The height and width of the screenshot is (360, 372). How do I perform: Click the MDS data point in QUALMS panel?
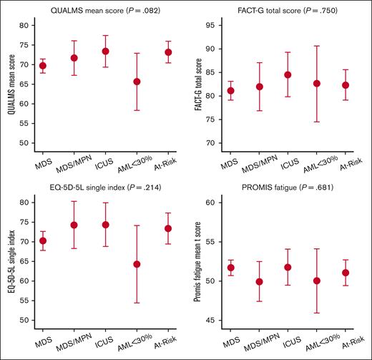[42, 66]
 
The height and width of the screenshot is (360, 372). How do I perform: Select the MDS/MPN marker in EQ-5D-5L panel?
[74, 225]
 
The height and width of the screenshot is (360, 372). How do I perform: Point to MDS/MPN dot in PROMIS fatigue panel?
[260, 281]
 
